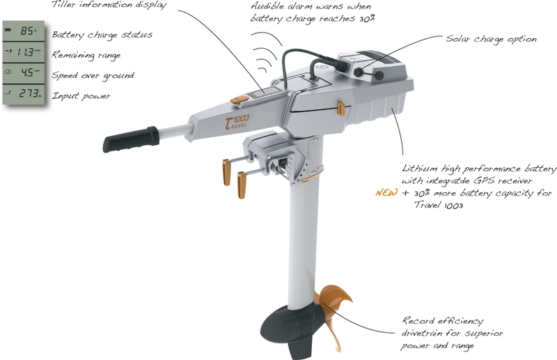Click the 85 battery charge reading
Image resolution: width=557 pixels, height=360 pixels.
[x=26, y=31]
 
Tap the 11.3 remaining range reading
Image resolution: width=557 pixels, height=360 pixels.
[x=25, y=52]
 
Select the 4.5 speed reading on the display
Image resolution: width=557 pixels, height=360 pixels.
[x=26, y=72]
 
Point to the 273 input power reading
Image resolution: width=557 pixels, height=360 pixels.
[x=29, y=93]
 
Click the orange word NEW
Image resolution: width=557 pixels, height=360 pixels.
[x=386, y=193]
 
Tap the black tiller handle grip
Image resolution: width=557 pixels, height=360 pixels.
[x=131, y=139]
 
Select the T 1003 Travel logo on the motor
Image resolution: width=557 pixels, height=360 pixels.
[x=237, y=122]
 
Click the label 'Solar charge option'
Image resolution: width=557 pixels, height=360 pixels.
[x=491, y=39]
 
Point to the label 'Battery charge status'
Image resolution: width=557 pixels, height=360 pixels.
[x=102, y=35]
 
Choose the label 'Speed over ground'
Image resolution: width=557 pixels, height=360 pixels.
[x=93, y=76]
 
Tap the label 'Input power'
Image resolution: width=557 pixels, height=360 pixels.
[x=81, y=96]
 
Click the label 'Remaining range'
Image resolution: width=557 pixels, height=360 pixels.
[x=86, y=56]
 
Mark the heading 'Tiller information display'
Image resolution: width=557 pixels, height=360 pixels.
[x=109, y=5]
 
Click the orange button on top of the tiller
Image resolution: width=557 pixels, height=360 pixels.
[x=240, y=100]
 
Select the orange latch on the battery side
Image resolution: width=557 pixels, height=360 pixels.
[x=340, y=109]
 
